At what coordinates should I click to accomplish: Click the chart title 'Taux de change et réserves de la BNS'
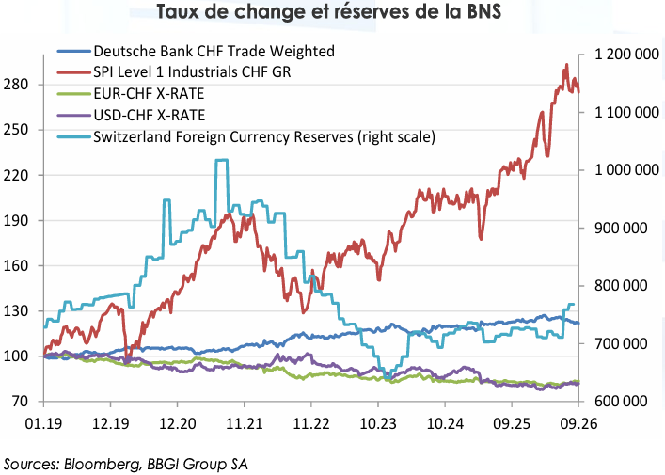[x=328, y=11]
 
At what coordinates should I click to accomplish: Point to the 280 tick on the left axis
[x=16, y=85]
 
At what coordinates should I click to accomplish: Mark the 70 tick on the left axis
[x=20, y=401]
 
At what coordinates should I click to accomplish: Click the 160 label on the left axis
[x=16, y=265]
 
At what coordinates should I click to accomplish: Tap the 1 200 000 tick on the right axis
[x=626, y=55]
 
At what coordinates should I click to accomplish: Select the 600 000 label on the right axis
[x=621, y=401]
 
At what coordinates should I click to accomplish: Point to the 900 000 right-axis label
[x=621, y=228]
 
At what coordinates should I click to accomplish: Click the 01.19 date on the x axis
[x=43, y=423]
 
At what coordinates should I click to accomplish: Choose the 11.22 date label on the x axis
[x=311, y=423]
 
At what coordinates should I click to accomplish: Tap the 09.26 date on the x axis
[x=578, y=423]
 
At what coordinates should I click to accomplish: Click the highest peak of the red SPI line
[x=566, y=65]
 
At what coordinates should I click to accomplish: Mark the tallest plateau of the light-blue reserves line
[x=222, y=160]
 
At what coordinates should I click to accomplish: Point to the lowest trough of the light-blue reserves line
[x=388, y=376]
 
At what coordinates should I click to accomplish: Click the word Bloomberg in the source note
[x=102, y=464]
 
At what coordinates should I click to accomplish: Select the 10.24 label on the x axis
[x=445, y=423]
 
